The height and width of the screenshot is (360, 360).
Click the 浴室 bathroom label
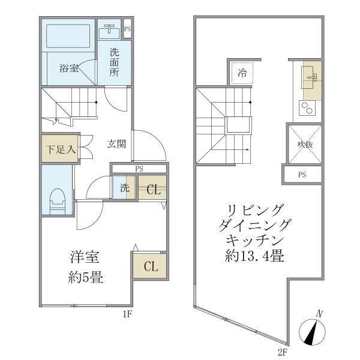pos(69,68)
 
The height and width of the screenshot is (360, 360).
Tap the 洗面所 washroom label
pos(114,61)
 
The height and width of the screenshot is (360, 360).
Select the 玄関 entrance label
pos(116,144)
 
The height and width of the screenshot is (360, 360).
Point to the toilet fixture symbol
pos(57,200)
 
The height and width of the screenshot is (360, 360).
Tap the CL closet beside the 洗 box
pos(152,190)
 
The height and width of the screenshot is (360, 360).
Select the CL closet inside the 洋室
pos(149,266)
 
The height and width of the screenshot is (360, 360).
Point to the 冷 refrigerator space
pos(242,73)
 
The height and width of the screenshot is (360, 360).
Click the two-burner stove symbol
pos(307,109)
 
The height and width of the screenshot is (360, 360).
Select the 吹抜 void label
pos(304,145)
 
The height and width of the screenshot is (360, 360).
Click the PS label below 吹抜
pos(302,175)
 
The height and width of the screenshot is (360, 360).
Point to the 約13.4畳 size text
pos(251,256)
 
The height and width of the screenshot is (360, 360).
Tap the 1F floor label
pos(127,314)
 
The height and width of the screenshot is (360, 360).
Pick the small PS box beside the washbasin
pos(127,28)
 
